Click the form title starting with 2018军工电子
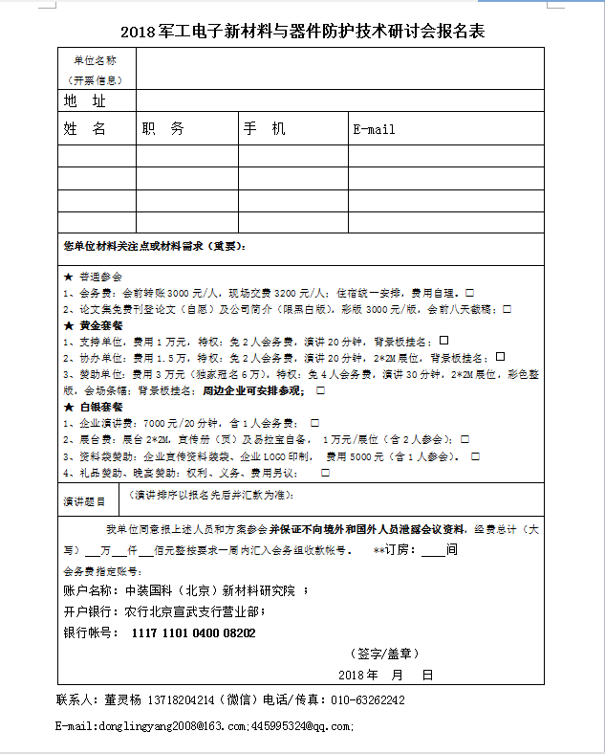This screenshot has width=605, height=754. pos(302,31)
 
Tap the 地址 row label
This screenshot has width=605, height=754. pos(85,100)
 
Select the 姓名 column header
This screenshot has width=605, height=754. pos(85,128)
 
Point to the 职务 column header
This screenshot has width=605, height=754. pos(163,128)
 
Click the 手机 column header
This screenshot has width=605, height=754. pos(265,128)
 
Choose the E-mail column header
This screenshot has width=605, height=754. pos(374,129)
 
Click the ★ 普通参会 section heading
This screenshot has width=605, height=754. pos(94,277)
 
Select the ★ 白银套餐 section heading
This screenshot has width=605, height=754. pos(94,407)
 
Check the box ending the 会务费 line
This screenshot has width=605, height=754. pos(470,292)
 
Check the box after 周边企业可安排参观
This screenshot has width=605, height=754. pos(320,390)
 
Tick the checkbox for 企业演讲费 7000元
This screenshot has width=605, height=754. pos(314,422)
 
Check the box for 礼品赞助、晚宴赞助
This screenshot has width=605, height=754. pos(325,472)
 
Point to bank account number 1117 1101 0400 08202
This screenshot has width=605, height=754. pos(194,633)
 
